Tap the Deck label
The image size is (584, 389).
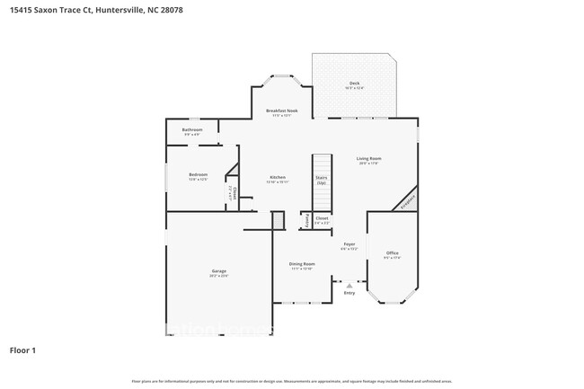(x=354, y=84)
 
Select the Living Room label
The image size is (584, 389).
(x=369, y=159)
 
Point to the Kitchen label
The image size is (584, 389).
(x=278, y=177)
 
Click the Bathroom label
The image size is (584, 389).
(x=192, y=129)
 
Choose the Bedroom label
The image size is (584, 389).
(x=198, y=174)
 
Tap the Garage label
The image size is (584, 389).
(x=218, y=271)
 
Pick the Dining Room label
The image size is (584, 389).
(x=301, y=264)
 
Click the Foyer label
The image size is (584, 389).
(x=350, y=243)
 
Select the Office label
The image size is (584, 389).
(x=392, y=253)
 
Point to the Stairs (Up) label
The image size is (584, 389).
(x=321, y=179)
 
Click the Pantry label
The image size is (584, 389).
(x=306, y=219)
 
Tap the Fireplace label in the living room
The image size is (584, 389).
(x=407, y=199)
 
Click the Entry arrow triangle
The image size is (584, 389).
(x=350, y=285)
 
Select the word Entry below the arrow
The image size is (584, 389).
(x=350, y=293)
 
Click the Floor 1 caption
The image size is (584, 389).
(x=22, y=349)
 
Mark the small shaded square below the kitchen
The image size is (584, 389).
(x=278, y=220)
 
